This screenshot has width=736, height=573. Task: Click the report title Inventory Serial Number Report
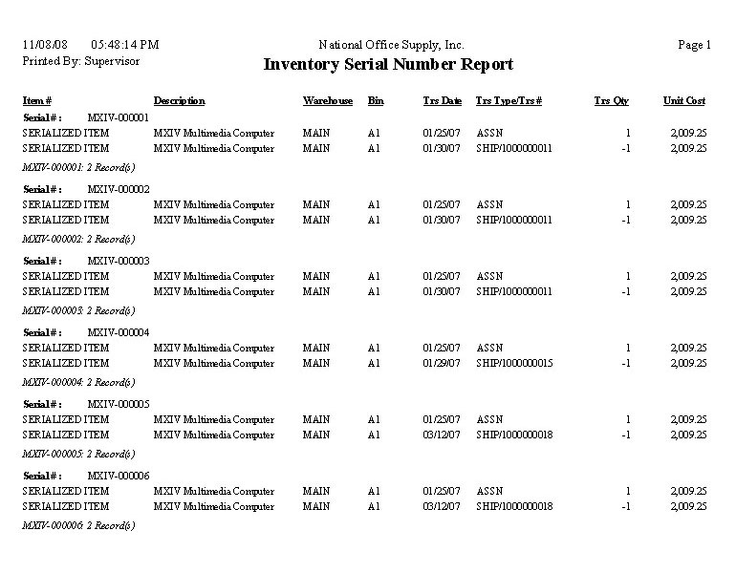(x=388, y=65)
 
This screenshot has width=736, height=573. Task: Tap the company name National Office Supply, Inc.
(x=391, y=45)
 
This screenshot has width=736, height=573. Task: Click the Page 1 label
(x=694, y=45)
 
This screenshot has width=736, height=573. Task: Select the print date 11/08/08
(x=45, y=45)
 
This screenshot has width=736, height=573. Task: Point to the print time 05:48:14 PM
(x=124, y=45)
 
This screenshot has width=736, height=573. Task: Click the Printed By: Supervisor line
(x=80, y=61)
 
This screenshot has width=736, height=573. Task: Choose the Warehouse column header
(x=328, y=101)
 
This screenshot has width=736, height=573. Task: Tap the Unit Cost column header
(x=684, y=101)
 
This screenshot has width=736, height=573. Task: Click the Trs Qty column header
(x=611, y=101)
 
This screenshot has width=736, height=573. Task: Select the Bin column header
(x=376, y=101)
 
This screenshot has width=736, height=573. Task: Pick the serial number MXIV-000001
(x=119, y=117)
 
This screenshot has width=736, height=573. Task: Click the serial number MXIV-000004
(x=119, y=332)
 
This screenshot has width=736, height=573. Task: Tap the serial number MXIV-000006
(x=119, y=476)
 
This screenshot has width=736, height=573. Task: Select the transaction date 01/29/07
(x=442, y=363)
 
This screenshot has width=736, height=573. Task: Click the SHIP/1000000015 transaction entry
(x=514, y=363)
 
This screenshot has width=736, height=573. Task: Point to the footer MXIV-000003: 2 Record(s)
(x=79, y=311)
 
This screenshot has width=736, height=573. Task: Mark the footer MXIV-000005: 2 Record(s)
(x=79, y=455)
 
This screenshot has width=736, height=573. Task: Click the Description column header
(x=179, y=101)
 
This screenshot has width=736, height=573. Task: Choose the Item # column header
(x=37, y=101)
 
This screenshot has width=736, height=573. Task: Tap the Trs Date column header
(x=443, y=101)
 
